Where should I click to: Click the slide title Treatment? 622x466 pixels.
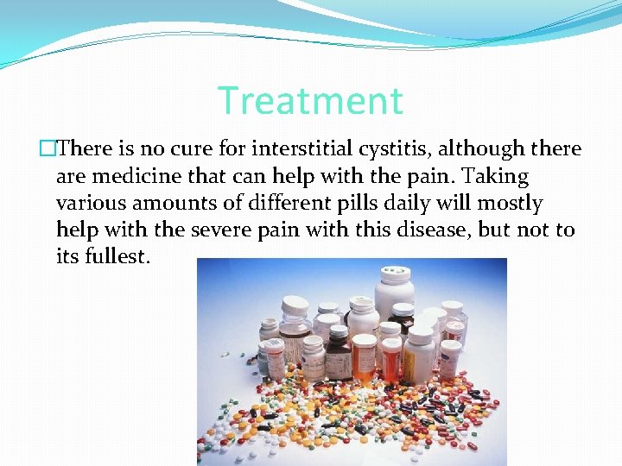[310, 101]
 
